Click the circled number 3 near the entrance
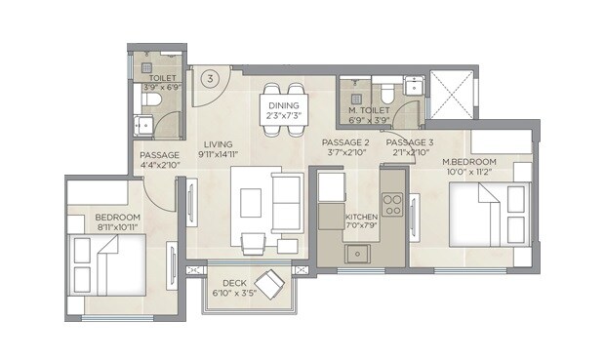[209, 77]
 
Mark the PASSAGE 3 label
[408, 141]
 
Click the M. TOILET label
[370, 110]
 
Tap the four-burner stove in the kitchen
[392, 205]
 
